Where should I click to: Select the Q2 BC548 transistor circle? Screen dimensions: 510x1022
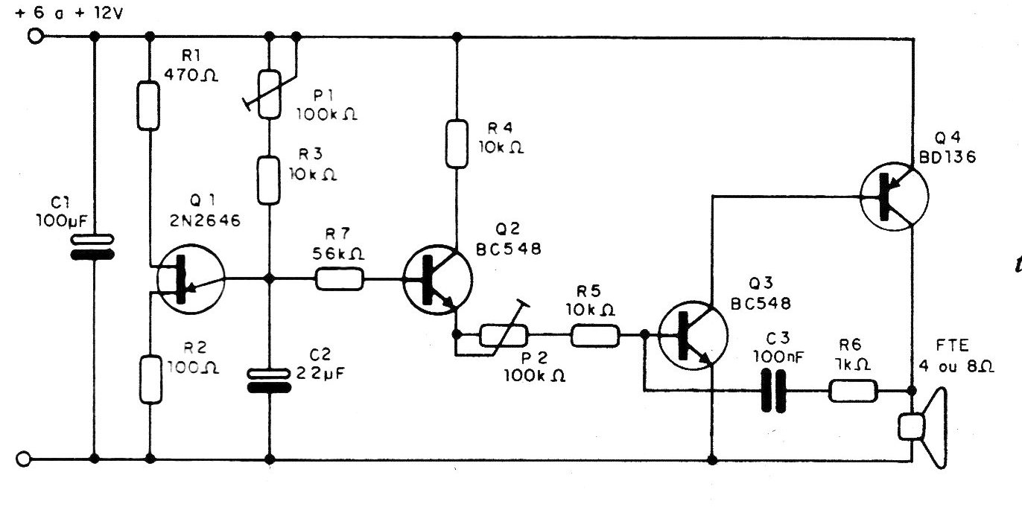tap(437, 279)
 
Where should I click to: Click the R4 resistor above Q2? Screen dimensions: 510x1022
tap(456, 143)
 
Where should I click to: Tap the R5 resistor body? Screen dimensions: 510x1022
tap(594, 335)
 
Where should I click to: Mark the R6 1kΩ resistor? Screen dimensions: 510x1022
tap(854, 392)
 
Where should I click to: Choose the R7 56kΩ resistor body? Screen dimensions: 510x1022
tap(340, 279)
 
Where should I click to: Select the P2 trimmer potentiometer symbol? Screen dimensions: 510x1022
tap(504, 335)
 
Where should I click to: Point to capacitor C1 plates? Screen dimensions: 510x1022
tap(93, 247)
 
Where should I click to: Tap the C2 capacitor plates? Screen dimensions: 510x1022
tap(269, 379)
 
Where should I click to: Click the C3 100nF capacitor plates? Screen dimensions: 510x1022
tap(772, 392)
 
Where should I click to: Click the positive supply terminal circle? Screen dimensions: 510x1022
tap(33, 36)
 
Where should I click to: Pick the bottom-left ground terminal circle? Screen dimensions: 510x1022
tap(23, 459)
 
